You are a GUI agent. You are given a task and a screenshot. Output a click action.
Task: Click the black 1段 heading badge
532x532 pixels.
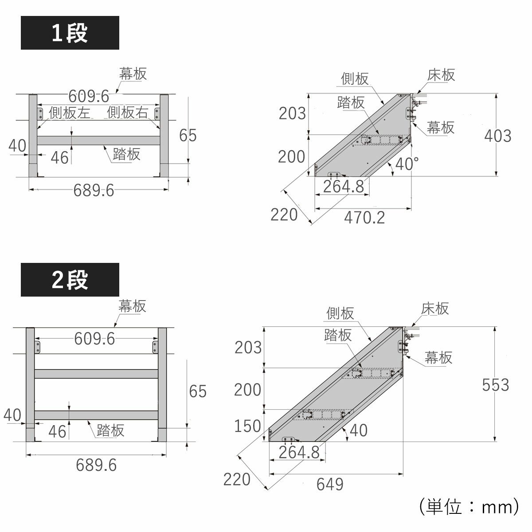point(70,33)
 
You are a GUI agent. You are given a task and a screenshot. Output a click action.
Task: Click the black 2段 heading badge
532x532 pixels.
point(70,280)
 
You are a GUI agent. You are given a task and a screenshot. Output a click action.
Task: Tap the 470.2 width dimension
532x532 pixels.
point(364,218)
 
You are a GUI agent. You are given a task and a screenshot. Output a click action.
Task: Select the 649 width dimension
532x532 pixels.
point(330,485)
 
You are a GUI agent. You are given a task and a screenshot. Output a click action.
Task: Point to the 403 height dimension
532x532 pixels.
point(497,136)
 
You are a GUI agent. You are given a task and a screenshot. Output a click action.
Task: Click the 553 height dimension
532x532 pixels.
point(496,385)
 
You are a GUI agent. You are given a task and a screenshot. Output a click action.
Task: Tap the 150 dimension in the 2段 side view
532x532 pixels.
point(247,426)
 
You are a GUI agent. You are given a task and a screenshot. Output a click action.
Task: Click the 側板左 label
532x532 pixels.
point(70,113)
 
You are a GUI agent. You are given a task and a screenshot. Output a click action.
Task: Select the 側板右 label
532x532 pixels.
point(127,113)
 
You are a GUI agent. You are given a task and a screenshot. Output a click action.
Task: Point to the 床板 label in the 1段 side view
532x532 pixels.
point(441,75)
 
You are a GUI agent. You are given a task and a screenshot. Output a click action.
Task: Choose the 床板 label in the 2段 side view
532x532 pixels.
point(435,308)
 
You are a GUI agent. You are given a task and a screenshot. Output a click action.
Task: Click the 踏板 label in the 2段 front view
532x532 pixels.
point(110,430)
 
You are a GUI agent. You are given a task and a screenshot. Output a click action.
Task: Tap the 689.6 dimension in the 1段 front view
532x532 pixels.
point(94,191)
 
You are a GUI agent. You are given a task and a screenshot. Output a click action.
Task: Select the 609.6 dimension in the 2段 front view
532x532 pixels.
point(94,339)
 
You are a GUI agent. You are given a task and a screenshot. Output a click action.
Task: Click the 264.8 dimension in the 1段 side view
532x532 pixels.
point(343,186)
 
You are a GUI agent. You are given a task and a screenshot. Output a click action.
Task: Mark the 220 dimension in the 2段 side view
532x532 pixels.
point(237,479)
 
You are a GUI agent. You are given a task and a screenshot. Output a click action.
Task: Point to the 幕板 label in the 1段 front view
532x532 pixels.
point(133,74)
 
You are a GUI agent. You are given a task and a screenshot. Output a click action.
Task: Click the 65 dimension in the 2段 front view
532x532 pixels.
point(198,391)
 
